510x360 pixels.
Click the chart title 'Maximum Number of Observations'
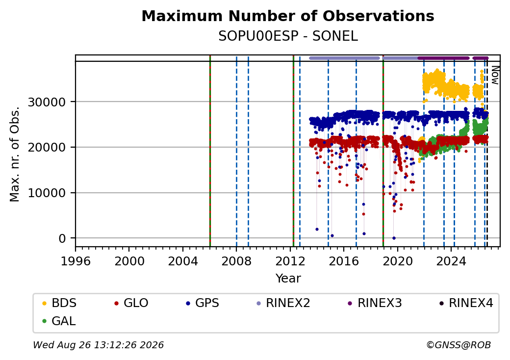click(x=288, y=16)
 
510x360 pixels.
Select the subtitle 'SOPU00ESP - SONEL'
click(x=288, y=36)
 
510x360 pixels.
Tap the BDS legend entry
click(x=59, y=303)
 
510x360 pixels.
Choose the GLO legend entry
click(x=131, y=303)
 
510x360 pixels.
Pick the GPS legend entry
click(x=203, y=303)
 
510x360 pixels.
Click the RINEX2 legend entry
click(x=283, y=303)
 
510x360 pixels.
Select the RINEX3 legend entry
click(x=375, y=303)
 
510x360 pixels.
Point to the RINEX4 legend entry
click(x=466, y=303)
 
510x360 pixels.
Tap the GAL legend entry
click(x=59, y=321)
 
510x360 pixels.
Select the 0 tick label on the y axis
click(x=62, y=239)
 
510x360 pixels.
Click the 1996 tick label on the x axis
click(x=76, y=261)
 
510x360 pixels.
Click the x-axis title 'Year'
click(x=288, y=279)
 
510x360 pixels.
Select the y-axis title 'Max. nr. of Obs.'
click(x=15, y=154)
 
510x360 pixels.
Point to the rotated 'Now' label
click(x=495, y=75)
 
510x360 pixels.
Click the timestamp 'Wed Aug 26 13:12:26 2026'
click(x=99, y=345)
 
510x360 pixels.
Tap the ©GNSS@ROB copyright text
click(x=459, y=345)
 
